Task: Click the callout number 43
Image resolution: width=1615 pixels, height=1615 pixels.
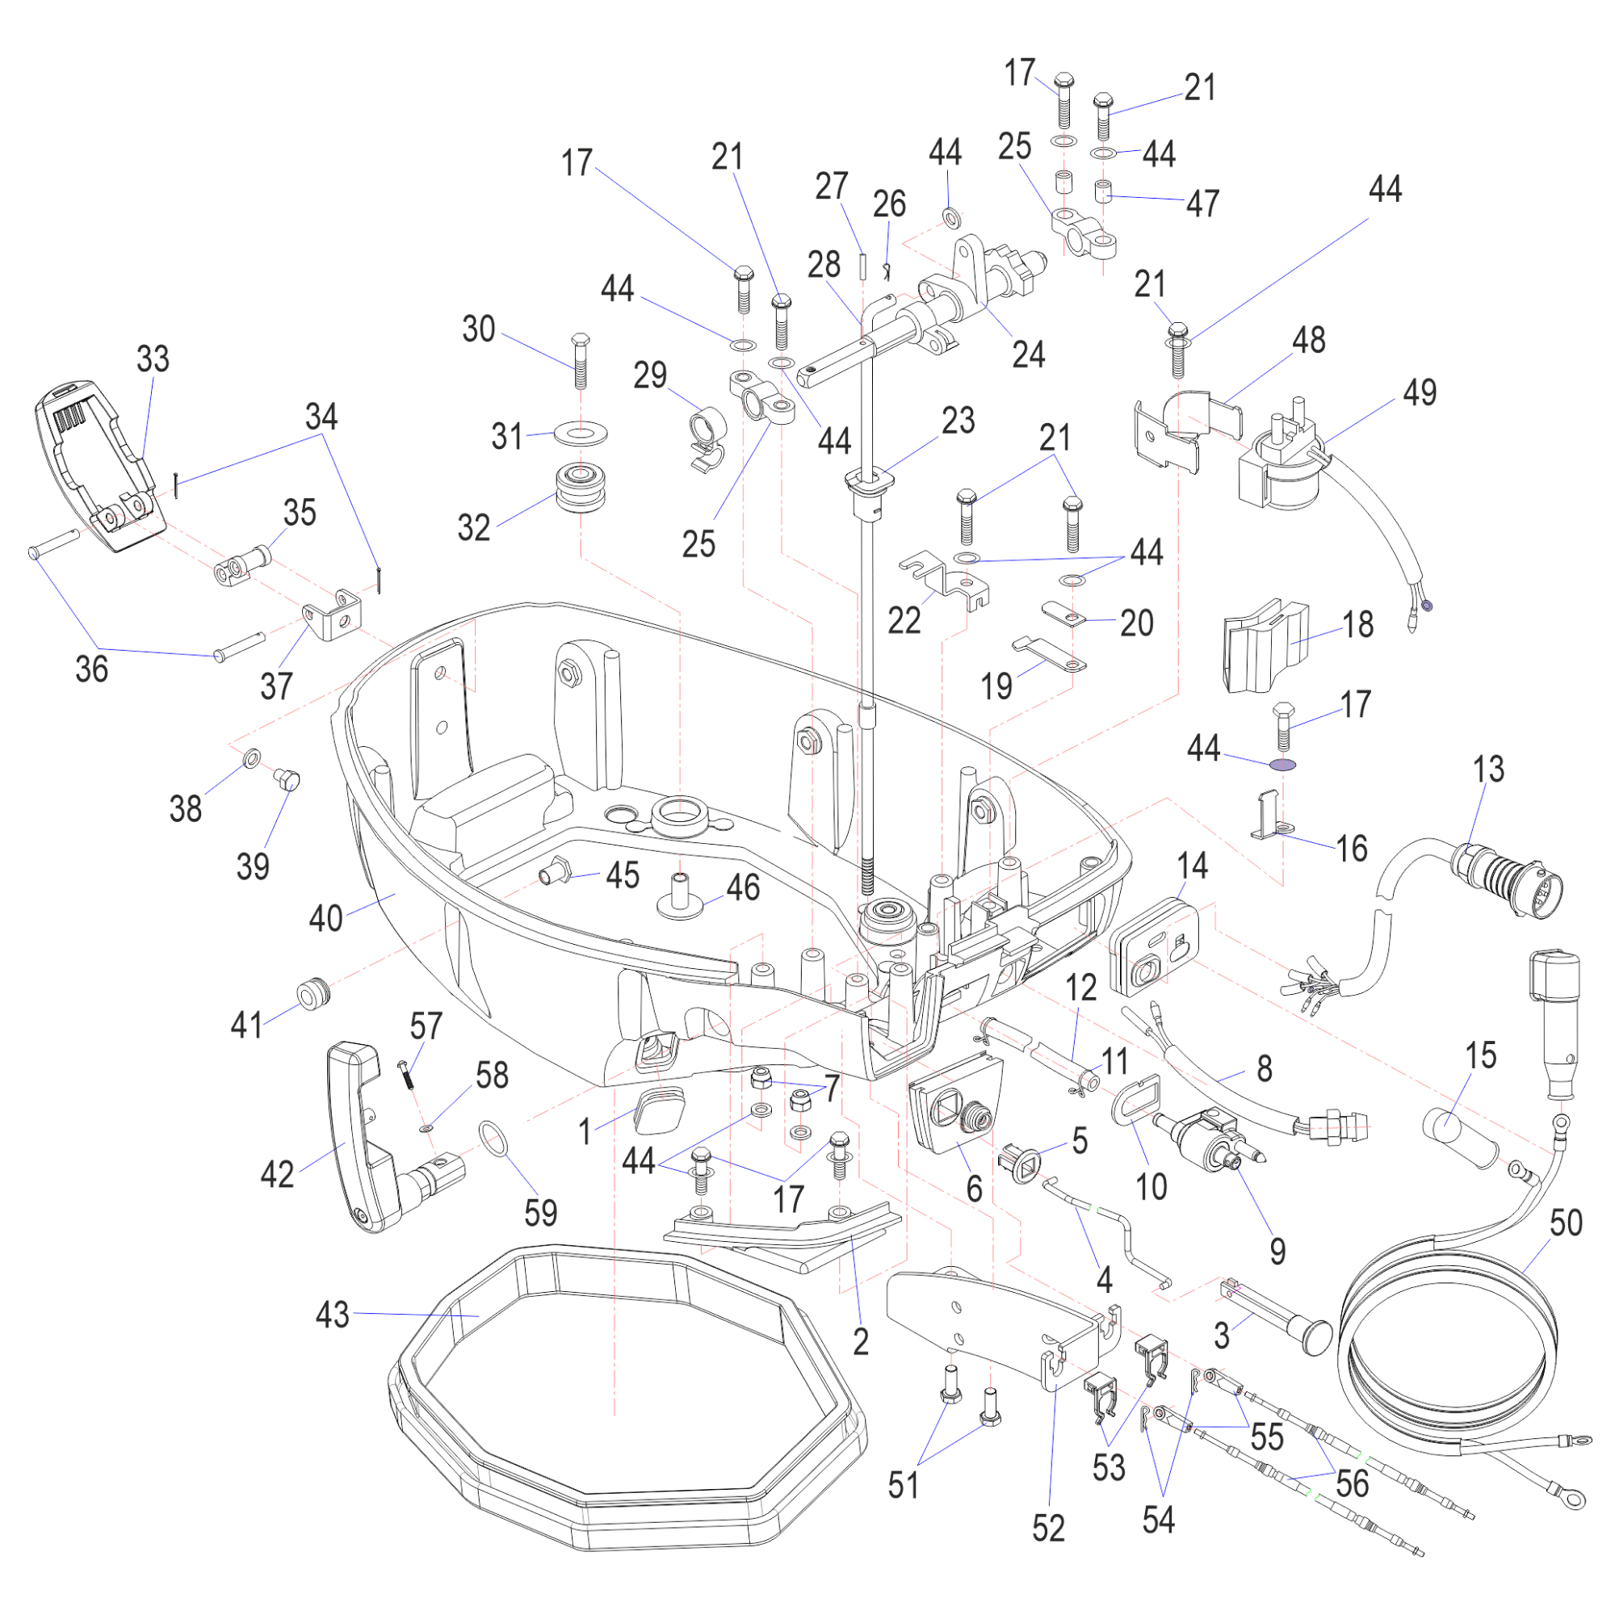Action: [x=332, y=1314]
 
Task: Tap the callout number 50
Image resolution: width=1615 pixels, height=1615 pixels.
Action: [x=1565, y=1223]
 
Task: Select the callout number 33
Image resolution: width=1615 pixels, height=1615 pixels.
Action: [x=153, y=359]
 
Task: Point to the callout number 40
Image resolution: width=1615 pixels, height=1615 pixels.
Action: [x=325, y=918]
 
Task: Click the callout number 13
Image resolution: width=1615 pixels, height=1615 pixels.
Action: [x=1488, y=769]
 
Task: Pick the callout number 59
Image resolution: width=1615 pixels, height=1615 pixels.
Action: [x=540, y=1213]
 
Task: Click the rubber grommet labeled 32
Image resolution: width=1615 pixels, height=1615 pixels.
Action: [x=580, y=488]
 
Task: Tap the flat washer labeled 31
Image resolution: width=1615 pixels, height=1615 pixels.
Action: [x=580, y=434]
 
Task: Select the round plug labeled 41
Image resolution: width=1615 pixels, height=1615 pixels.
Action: [x=313, y=995]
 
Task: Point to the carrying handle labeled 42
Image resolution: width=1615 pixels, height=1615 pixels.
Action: [x=359, y=1137]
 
